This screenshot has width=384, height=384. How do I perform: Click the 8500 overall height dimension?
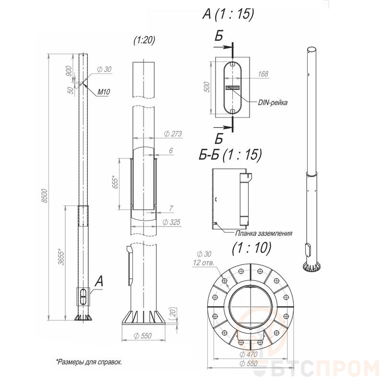(x=44, y=196)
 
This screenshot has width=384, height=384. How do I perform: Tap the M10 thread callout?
(x=104, y=92)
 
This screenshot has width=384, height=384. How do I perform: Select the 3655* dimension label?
(x=61, y=257)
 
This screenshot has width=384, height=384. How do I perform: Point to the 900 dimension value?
(x=69, y=71)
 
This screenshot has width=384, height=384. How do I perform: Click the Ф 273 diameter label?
(x=173, y=134)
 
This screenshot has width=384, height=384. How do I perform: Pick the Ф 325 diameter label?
(x=171, y=222)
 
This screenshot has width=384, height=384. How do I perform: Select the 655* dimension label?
(x=115, y=182)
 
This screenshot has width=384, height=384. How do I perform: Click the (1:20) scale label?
(x=144, y=40)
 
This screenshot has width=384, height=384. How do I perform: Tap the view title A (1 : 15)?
(x=228, y=14)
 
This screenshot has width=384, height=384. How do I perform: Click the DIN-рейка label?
(x=273, y=102)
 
